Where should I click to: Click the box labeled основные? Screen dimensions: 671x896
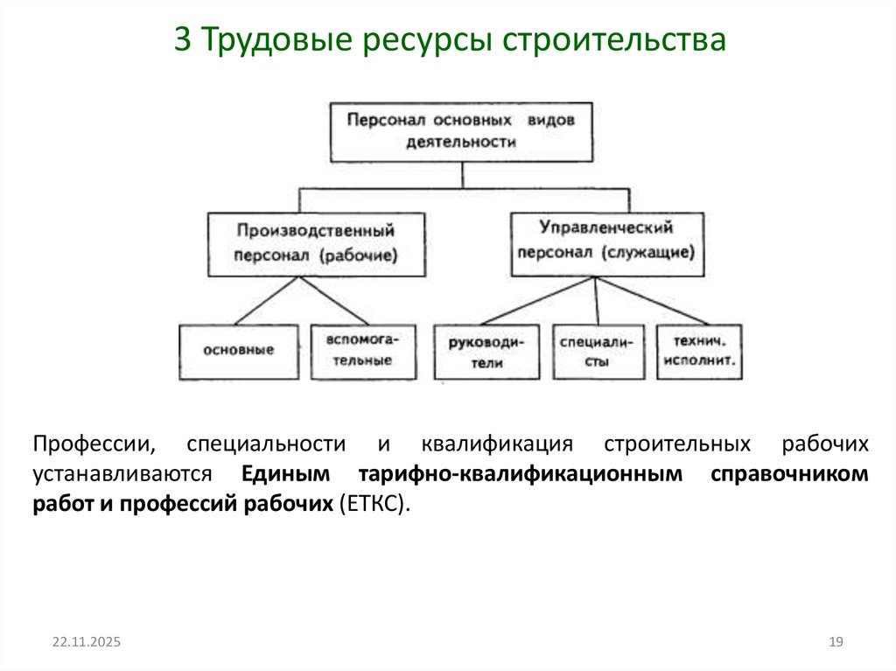[x=238, y=350]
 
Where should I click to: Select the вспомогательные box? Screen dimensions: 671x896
[x=353, y=350]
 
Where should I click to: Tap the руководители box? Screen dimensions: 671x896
[x=486, y=352]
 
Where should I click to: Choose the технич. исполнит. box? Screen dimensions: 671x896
[x=700, y=352]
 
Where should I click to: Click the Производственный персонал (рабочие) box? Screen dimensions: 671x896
[x=316, y=244]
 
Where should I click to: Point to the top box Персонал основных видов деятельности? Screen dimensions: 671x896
[x=460, y=131]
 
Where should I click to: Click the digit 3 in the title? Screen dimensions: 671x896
[x=181, y=41]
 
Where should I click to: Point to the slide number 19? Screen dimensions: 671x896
[x=835, y=642]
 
